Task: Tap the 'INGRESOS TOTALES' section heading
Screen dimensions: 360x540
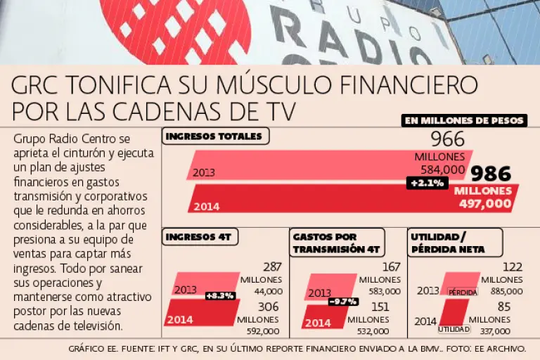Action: coord(214,136)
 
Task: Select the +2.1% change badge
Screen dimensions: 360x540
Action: coord(427,183)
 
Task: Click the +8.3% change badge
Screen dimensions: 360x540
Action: coord(219,295)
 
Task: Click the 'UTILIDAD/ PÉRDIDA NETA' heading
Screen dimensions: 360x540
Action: coord(445,243)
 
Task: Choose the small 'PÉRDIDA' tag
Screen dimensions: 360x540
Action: coord(463,292)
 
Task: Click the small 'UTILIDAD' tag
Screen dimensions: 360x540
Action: coord(453,329)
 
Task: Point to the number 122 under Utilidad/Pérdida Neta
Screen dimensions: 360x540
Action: coord(512,267)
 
